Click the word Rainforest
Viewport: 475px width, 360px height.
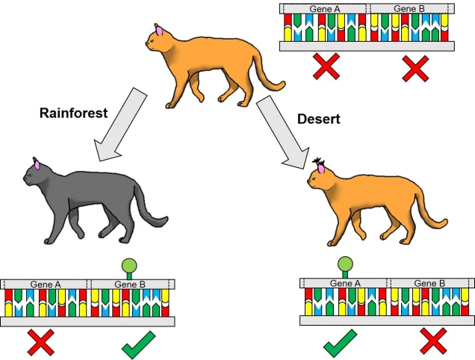pos(74,113)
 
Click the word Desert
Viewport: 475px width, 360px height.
pos(319,119)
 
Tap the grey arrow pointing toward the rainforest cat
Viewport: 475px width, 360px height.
pos(120,125)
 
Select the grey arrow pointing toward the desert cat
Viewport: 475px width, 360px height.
pos(283,132)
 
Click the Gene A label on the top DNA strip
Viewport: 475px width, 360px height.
pos(325,9)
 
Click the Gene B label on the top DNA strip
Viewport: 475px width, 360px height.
pos(409,9)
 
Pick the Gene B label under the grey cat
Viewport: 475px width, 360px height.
pos(130,285)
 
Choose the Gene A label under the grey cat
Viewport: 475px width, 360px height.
pos(46,285)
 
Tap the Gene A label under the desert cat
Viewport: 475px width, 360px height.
pos(345,283)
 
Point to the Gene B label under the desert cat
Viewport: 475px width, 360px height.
pos(429,283)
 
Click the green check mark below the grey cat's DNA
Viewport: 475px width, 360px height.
pos(139,346)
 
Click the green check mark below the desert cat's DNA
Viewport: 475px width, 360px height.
pos(341,344)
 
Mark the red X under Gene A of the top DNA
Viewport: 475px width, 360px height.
pos(326,66)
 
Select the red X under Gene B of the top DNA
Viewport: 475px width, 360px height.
pos(415,69)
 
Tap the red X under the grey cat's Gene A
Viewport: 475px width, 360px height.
pos(41,343)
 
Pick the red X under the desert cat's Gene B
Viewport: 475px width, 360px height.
pos(433,341)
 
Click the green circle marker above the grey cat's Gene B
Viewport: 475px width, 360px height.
pos(129,266)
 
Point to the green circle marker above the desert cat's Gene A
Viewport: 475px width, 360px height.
pos(345,264)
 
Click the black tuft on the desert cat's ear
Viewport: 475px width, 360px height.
pos(318,161)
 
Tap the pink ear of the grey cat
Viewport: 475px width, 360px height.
pos(37,165)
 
